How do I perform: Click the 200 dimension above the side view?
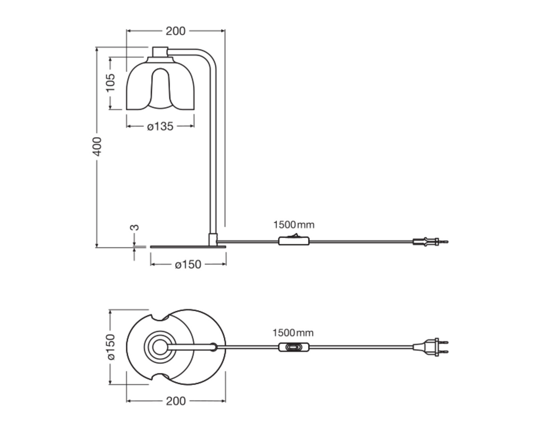[x=175, y=31]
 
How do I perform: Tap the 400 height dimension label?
[x=97, y=147]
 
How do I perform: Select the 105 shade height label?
[x=110, y=82]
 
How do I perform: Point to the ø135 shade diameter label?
[x=160, y=126]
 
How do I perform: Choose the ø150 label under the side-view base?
[x=188, y=264]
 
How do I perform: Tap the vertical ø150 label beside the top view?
[x=111, y=347]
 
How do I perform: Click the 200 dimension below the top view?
[x=176, y=401]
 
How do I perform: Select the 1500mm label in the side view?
[x=294, y=225]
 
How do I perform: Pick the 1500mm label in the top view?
[x=293, y=333]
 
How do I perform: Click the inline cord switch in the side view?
[x=294, y=241]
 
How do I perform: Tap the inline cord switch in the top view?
[x=294, y=347]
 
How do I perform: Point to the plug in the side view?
[x=429, y=242]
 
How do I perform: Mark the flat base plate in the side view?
[x=188, y=246]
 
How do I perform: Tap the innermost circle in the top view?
[x=160, y=347]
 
